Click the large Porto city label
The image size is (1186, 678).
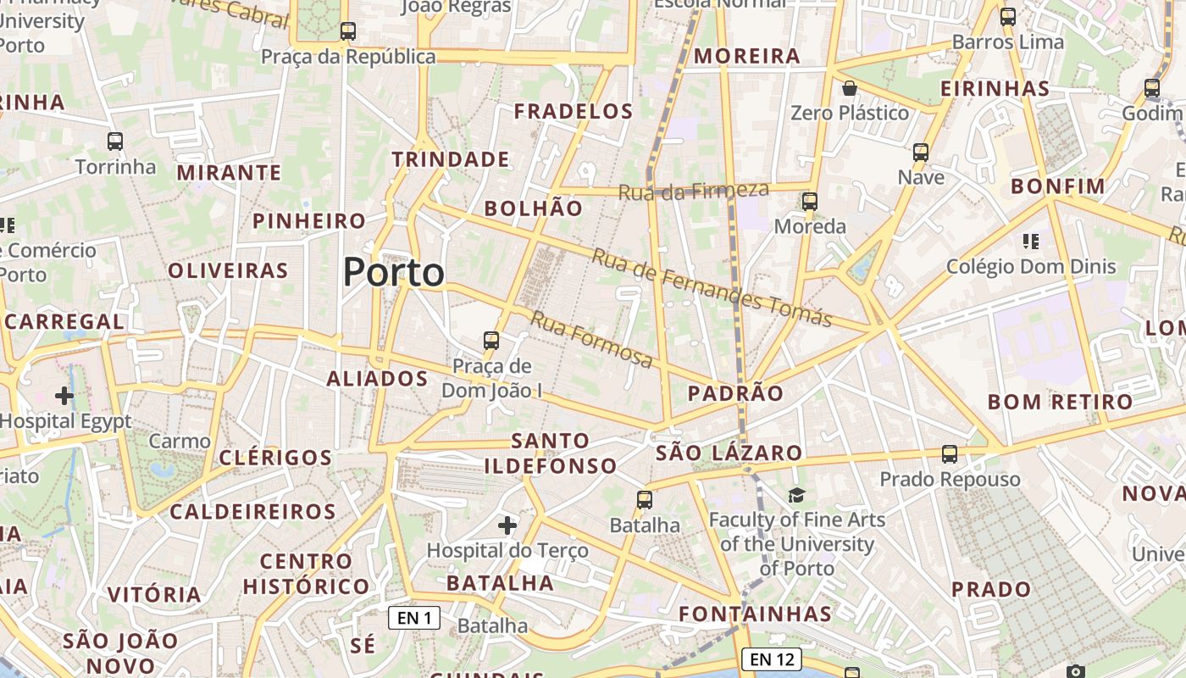point(394,272)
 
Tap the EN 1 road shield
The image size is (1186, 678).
point(414,618)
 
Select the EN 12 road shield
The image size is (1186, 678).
point(771,659)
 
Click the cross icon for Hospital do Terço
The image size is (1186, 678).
point(507,525)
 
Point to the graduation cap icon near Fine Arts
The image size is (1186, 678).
point(796,495)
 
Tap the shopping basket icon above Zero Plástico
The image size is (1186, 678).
point(849,88)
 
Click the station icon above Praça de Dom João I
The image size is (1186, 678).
point(491,341)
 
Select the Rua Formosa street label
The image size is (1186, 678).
point(592,339)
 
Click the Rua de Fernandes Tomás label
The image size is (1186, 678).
point(712,287)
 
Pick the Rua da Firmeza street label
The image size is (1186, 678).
point(693,191)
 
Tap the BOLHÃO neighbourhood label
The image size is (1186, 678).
point(533,208)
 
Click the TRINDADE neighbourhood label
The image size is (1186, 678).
point(451,159)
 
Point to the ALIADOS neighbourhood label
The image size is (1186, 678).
point(377,379)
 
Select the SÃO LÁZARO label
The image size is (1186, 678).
point(729,453)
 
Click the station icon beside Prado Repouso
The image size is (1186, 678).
point(950,453)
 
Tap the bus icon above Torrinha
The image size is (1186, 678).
point(115,142)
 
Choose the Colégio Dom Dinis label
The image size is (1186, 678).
point(1031,267)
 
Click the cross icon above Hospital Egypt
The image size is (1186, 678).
point(64,396)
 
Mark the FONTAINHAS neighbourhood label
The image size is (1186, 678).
point(755,614)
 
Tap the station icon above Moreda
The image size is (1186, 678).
point(810,201)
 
